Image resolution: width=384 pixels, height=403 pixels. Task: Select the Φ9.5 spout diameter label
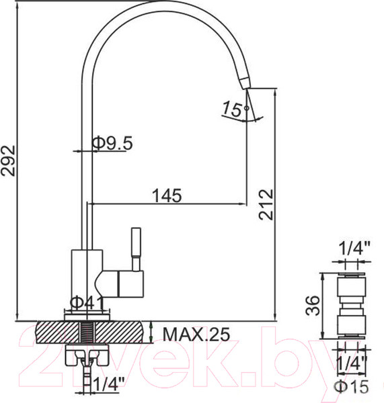pyautogui.click(x=112, y=142)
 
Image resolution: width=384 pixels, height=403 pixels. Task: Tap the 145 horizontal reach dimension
pyautogui.click(x=167, y=196)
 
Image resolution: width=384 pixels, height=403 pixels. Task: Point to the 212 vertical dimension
pyautogui.click(x=266, y=205)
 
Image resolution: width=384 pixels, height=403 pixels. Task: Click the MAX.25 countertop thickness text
pyautogui.click(x=195, y=333)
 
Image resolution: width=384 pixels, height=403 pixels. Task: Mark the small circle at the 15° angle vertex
pyautogui.click(x=247, y=108)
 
